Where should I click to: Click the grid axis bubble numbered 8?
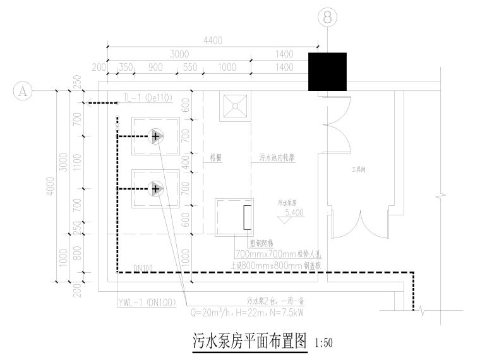[327, 18]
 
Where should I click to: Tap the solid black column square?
[327, 72]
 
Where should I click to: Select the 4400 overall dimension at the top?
[213, 40]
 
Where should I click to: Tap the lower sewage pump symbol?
[155, 188]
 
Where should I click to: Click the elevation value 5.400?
[294, 213]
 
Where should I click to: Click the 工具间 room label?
[360, 170]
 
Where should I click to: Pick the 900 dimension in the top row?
[155, 66]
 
